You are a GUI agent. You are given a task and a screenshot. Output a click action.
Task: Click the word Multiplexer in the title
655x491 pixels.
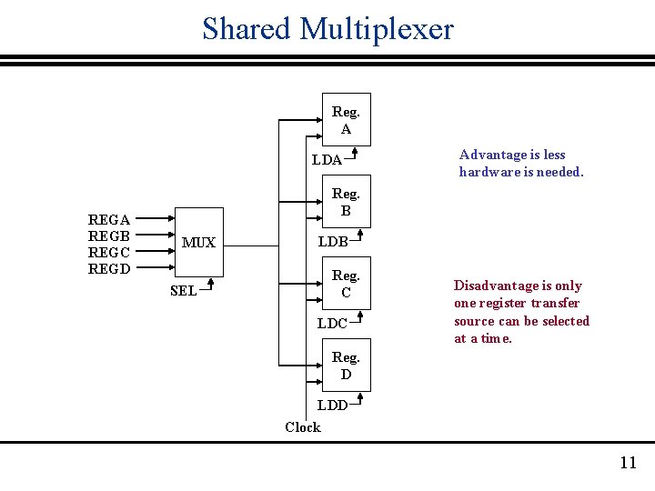pyautogui.click(x=377, y=29)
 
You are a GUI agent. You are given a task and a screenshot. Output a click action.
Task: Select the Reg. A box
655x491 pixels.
pyautogui.click(x=346, y=120)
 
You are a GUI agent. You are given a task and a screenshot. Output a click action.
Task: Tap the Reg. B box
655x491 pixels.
pyautogui.click(x=346, y=202)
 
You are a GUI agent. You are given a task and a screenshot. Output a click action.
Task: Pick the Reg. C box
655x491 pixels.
pyautogui.click(x=346, y=284)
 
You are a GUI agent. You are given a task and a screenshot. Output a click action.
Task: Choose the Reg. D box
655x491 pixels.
pyautogui.click(x=346, y=366)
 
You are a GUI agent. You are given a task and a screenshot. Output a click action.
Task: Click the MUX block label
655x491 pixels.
pyautogui.click(x=198, y=243)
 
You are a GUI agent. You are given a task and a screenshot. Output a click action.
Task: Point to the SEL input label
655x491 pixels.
pyautogui.click(x=183, y=291)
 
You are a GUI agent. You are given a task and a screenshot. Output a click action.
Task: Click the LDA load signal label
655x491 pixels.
pyautogui.click(x=327, y=160)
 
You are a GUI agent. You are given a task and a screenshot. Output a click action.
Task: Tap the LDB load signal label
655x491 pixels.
pyautogui.click(x=332, y=242)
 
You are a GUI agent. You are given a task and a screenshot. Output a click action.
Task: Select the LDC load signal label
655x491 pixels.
pyautogui.click(x=332, y=324)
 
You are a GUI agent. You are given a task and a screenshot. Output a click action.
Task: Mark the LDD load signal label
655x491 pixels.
pyautogui.click(x=332, y=406)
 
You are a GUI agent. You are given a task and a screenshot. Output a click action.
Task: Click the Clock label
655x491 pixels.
pyautogui.click(x=302, y=426)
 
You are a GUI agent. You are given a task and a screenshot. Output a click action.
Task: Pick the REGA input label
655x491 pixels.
pyautogui.click(x=108, y=219)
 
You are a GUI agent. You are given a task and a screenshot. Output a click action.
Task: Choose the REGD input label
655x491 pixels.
pyautogui.click(x=108, y=268)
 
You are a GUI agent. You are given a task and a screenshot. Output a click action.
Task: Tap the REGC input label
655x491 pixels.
pyautogui.click(x=108, y=252)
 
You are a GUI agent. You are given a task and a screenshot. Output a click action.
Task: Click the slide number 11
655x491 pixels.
pyautogui.click(x=628, y=463)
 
